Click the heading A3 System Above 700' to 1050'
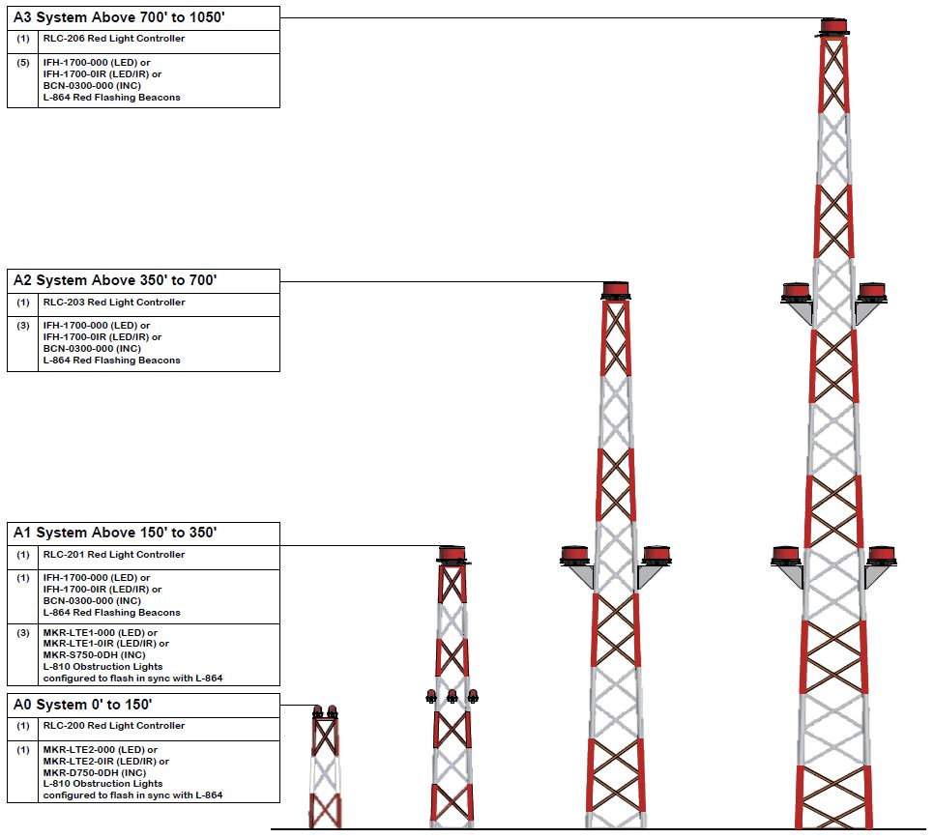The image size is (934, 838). point(119,17)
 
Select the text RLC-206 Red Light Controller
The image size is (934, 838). point(114,38)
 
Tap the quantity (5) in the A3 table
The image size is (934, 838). point(22,63)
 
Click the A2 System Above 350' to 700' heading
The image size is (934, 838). point(115,280)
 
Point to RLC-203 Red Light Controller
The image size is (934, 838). point(114,302)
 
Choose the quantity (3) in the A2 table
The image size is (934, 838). point(22,325)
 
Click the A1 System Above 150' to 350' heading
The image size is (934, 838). point(115,532)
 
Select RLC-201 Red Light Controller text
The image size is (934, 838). point(114,554)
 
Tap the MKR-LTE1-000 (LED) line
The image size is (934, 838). point(101,632)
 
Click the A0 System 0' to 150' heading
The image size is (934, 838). point(83,705)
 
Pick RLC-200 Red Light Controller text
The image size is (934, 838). point(114,726)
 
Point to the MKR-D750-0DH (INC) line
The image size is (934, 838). point(94,772)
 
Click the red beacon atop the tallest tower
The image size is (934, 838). point(833,27)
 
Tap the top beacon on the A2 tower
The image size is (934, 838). point(616,291)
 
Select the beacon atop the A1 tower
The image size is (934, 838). point(452,554)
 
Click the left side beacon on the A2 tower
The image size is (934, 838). point(575,555)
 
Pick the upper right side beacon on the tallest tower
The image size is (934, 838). point(872,293)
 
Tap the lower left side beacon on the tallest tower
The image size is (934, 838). point(786,556)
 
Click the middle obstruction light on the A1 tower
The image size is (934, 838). point(452,696)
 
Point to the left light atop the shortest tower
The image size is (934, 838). point(318,710)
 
